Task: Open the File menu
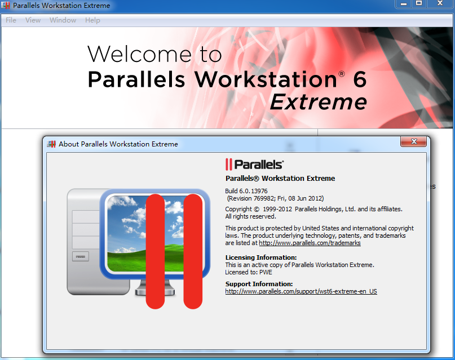[x=11, y=20]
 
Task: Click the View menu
[x=33, y=20]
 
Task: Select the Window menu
[x=63, y=20]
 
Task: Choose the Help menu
[x=92, y=20]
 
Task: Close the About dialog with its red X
[x=413, y=141]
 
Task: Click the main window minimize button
[x=403, y=4]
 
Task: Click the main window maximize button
[x=419, y=3]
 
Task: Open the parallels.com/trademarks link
[x=310, y=243]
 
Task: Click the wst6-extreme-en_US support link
[x=301, y=291]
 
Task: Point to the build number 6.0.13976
[x=253, y=191]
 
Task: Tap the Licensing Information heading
[x=261, y=257]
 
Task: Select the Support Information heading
[x=259, y=284]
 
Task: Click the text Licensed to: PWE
[x=249, y=273]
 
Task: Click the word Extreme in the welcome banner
[x=319, y=102]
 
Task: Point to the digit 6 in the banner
[x=360, y=79]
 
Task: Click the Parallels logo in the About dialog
[x=254, y=165]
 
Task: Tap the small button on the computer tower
[x=81, y=256]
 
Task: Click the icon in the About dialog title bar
[x=51, y=144]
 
